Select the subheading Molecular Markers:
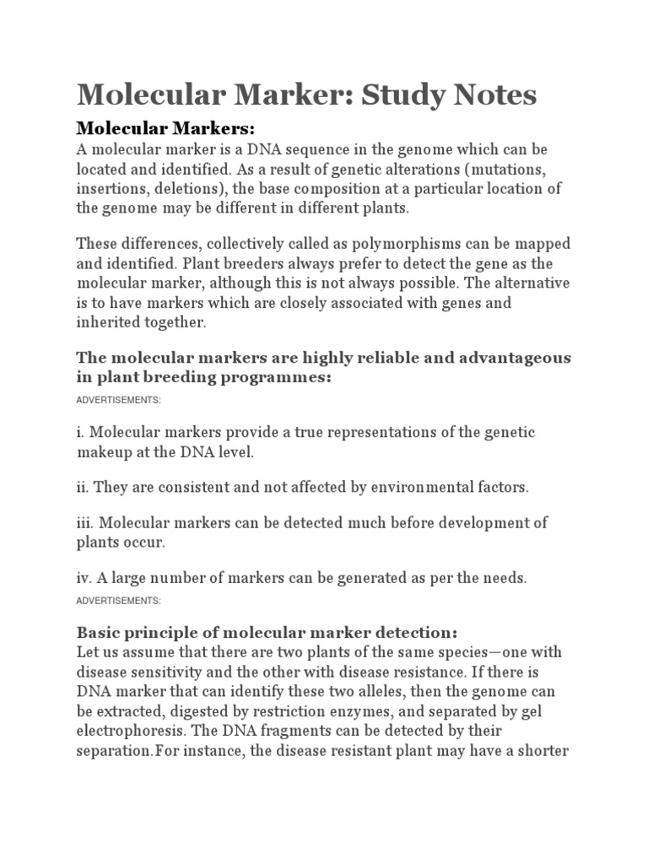coord(165,128)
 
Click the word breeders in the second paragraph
coord(244,263)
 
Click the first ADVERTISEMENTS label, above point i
coord(118,399)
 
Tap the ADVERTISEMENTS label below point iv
coord(118,601)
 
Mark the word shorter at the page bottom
coord(539,749)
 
